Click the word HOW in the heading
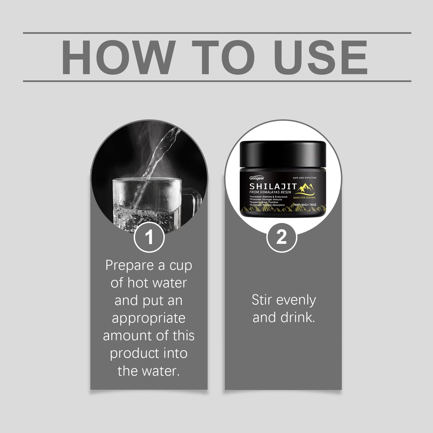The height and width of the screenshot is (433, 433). [x=118, y=57]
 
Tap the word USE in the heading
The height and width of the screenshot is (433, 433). [x=321, y=57]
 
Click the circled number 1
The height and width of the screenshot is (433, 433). [x=149, y=237]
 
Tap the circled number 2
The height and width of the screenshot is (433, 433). [x=282, y=237]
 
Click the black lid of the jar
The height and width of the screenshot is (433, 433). [x=283, y=154]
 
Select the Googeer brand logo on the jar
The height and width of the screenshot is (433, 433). [x=257, y=178]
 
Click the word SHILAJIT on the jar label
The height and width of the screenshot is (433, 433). [x=273, y=186]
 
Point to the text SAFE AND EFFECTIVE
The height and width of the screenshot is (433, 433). [x=304, y=178]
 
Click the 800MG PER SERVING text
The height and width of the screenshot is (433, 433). [x=304, y=198]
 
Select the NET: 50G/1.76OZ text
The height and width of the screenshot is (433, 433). [x=305, y=205]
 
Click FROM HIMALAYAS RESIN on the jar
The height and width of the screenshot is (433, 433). [x=270, y=192]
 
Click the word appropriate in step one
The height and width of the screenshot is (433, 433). [x=149, y=319]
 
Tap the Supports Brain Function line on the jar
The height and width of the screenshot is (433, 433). [x=264, y=202]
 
